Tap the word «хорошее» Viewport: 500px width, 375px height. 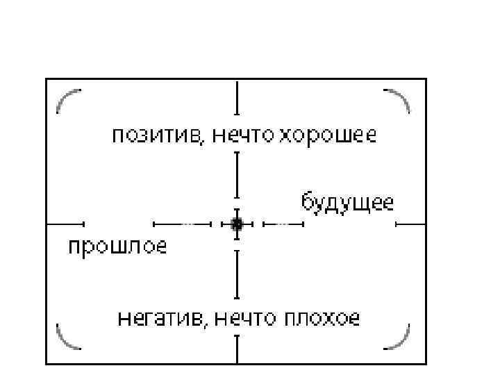[328, 135]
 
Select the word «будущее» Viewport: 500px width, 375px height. [347, 203]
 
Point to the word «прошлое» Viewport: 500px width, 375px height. [117, 246]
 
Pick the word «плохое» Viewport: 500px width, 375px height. [320, 319]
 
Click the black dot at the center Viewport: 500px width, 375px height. [237, 224]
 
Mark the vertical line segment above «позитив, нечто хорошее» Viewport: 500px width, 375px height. [237, 97]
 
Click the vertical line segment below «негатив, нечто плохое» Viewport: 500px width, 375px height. [237, 349]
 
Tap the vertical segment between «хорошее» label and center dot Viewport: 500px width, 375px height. [237, 175]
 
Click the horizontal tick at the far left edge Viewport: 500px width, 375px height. [65, 224]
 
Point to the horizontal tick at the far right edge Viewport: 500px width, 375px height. [410, 224]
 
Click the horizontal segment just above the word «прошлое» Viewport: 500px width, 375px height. [181, 224]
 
